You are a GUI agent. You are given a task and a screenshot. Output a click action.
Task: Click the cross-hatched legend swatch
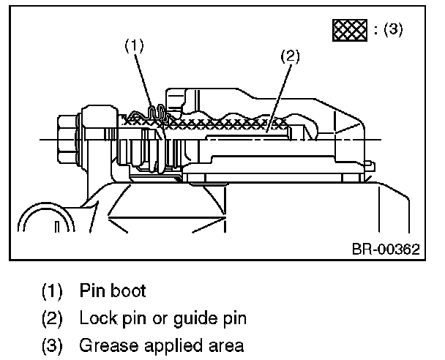point(350,30)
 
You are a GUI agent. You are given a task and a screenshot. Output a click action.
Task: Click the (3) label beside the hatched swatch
point(393,29)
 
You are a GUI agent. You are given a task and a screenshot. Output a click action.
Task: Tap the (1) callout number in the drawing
point(135,45)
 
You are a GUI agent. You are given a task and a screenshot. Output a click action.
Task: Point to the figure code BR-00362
point(386,250)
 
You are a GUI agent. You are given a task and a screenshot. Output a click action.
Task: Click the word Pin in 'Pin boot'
point(92,290)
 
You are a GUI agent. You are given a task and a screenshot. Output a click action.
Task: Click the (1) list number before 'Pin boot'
point(52,290)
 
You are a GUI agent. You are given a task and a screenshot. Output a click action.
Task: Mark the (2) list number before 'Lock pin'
point(52,318)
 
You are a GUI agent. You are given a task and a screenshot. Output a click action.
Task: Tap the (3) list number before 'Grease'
point(52,345)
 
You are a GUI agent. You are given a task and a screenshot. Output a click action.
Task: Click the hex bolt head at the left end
point(67,139)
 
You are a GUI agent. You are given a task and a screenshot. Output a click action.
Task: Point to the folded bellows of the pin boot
point(157,113)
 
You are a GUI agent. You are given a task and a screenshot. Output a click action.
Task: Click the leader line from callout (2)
point(279,99)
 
